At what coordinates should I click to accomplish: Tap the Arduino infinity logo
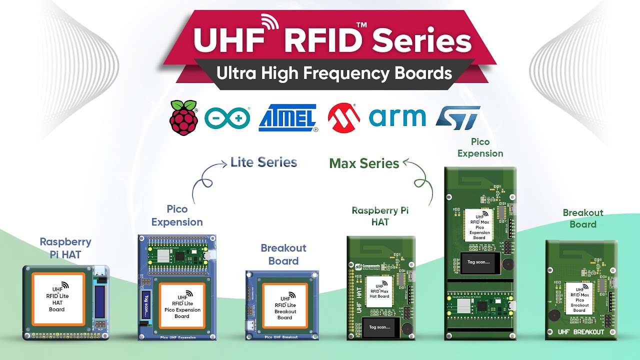[x=227, y=118]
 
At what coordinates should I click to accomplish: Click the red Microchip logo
[x=344, y=117]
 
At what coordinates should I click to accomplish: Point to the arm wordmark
[x=397, y=117]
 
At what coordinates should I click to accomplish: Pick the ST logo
[x=458, y=118]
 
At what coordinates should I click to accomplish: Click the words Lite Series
[x=263, y=162]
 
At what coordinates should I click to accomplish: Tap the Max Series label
[x=364, y=163]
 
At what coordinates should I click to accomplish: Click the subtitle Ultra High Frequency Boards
[x=334, y=73]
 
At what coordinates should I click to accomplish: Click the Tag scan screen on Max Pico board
[x=478, y=262]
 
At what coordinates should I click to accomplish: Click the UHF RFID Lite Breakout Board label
[x=284, y=306]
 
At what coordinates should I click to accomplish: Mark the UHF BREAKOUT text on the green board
[x=581, y=332]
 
